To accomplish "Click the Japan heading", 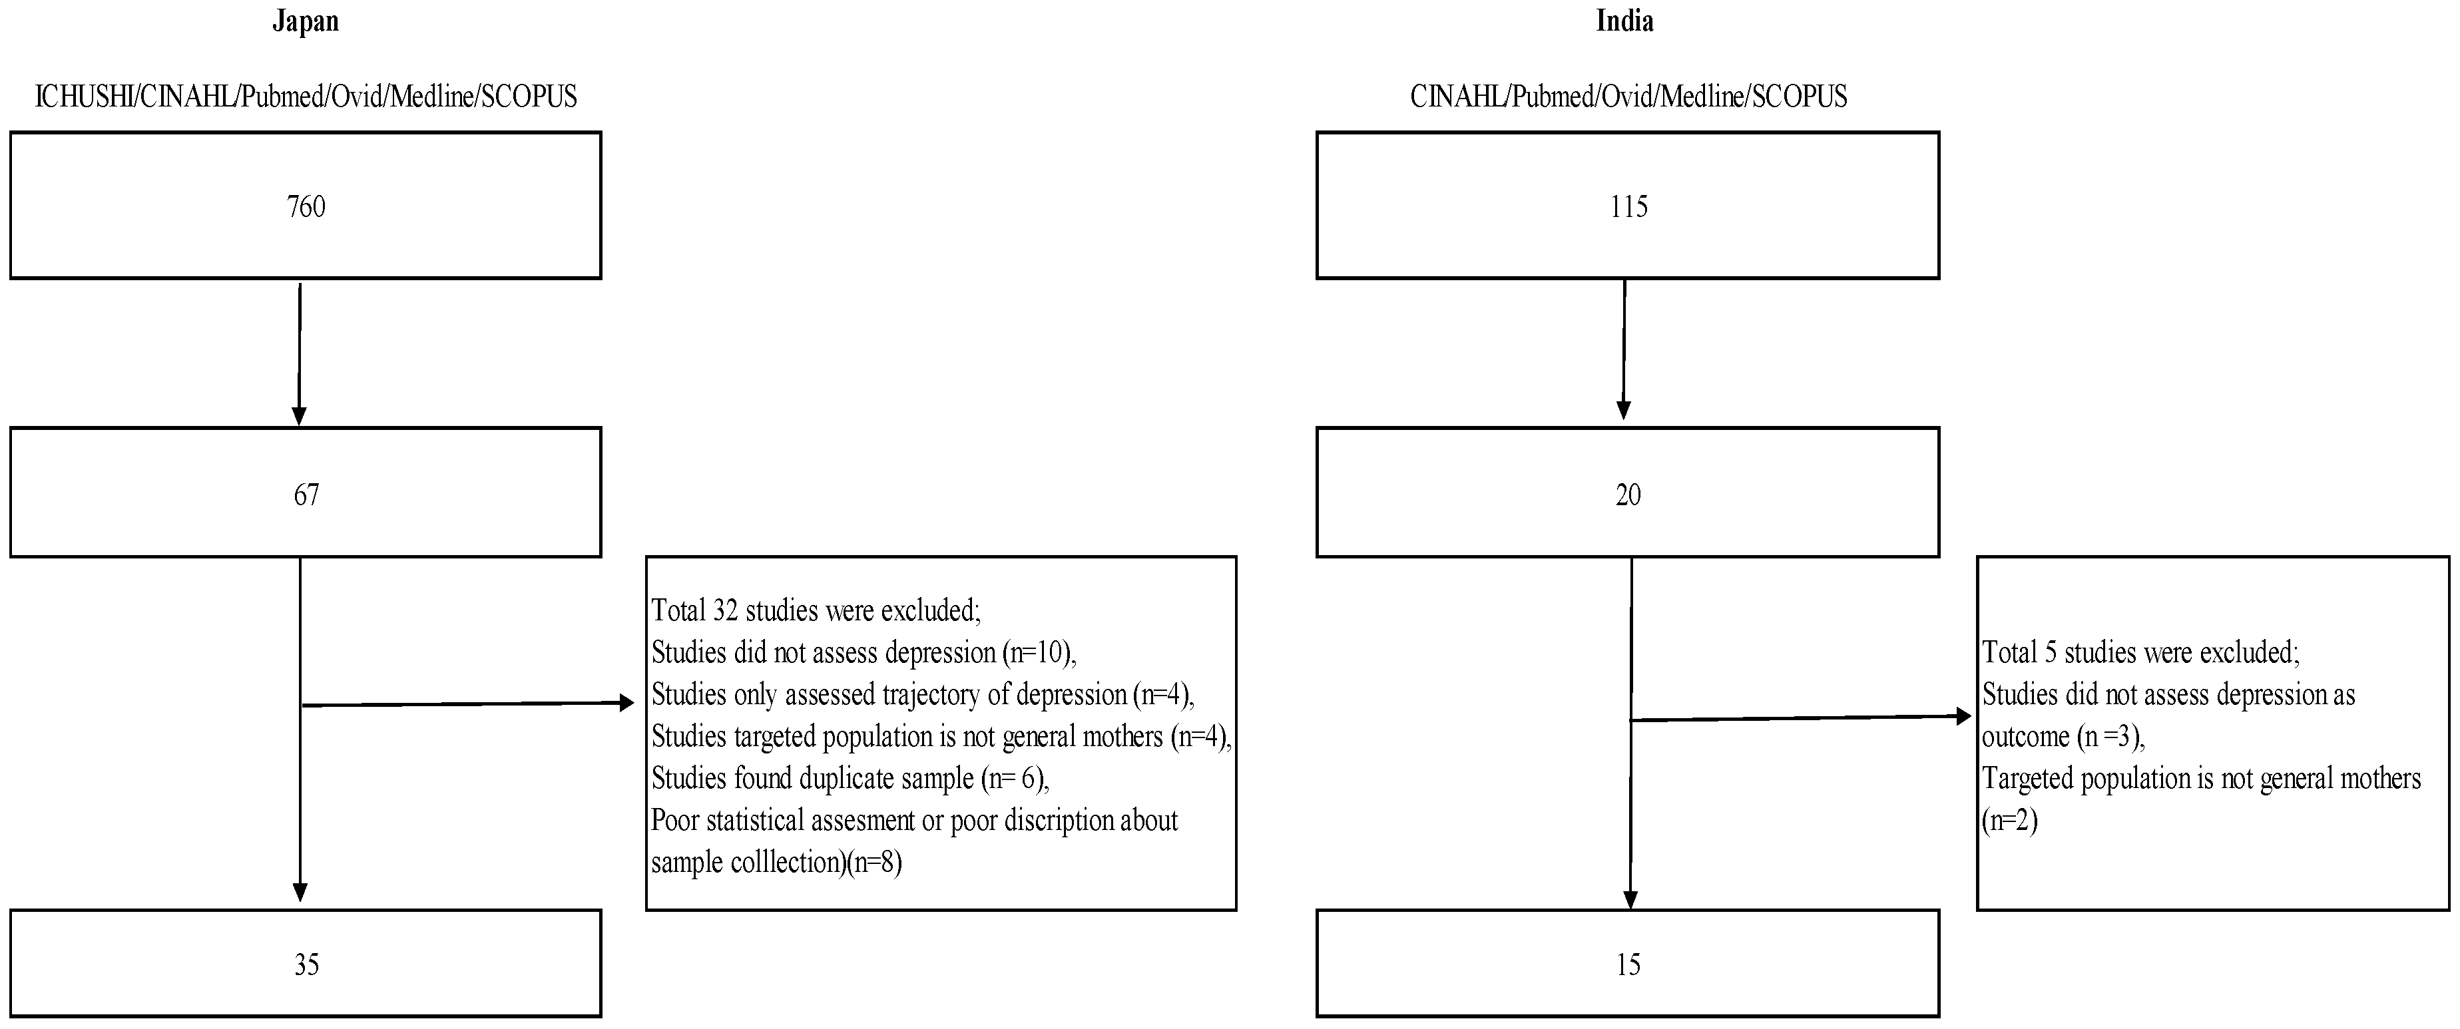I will pyautogui.click(x=306, y=21).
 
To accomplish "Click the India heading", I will pyautogui.click(x=1624, y=21).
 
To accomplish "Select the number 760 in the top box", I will pyautogui.click(x=306, y=206).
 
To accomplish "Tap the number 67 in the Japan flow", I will pyautogui.click(x=306, y=495).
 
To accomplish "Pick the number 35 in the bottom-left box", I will pyautogui.click(x=306, y=965).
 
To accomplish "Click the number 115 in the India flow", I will pyautogui.click(x=1628, y=206).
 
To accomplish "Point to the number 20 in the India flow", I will pyautogui.click(x=1628, y=495).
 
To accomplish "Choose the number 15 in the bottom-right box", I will pyautogui.click(x=1628, y=965).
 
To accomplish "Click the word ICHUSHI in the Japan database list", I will pyautogui.click(x=83, y=97).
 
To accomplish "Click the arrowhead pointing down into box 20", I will pyautogui.click(x=1623, y=411).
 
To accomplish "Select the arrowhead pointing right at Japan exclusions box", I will pyautogui.click(x=626, y=704).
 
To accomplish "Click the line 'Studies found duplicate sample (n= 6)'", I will pyautogui.click(x=850, y=778).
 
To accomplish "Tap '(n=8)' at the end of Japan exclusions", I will pyautogui.click(x=873, y=862).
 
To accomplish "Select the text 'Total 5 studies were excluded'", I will pyautogui.click(x=2139, y=652).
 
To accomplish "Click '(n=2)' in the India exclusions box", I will pyautogui.click(x=2009, y=820).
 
